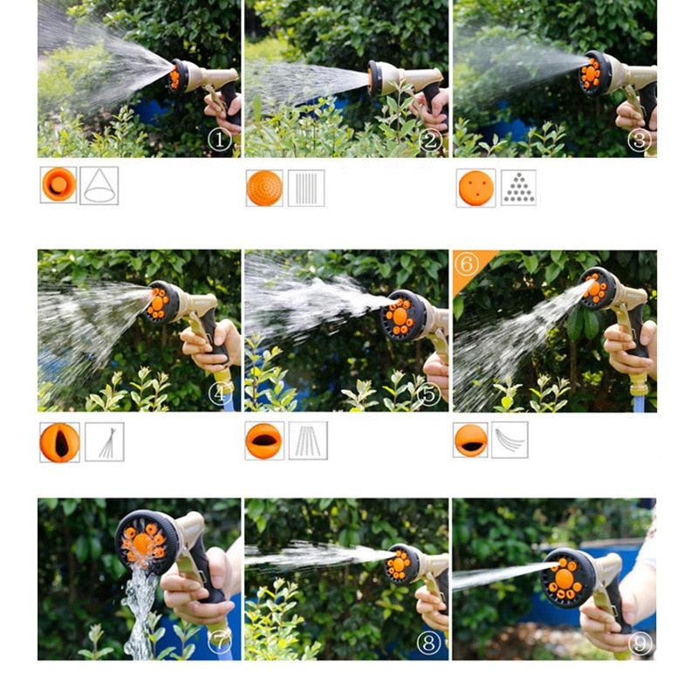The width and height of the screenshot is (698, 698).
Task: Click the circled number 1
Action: pos(220,140)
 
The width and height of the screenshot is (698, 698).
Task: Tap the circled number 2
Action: pos(429,140)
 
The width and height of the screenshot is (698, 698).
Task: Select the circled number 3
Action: pos(640,140)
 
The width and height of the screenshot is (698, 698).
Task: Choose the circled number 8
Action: pos(429,643)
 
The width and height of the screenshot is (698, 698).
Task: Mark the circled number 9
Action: pos(640,643)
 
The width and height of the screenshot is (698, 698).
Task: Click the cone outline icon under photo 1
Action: pos(99,185)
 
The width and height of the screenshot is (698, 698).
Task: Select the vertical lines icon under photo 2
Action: pos(306,188)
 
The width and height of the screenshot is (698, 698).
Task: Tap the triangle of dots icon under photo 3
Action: pos(518,188)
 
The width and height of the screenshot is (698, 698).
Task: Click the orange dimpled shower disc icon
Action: pos(264,188)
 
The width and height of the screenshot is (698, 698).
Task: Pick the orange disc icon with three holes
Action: pos(476,188)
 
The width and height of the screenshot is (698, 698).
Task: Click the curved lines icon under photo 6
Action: pos(510,440)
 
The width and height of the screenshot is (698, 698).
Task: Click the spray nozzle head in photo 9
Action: pos(567,578)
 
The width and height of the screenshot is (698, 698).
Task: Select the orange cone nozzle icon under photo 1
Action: pos(58,185)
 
